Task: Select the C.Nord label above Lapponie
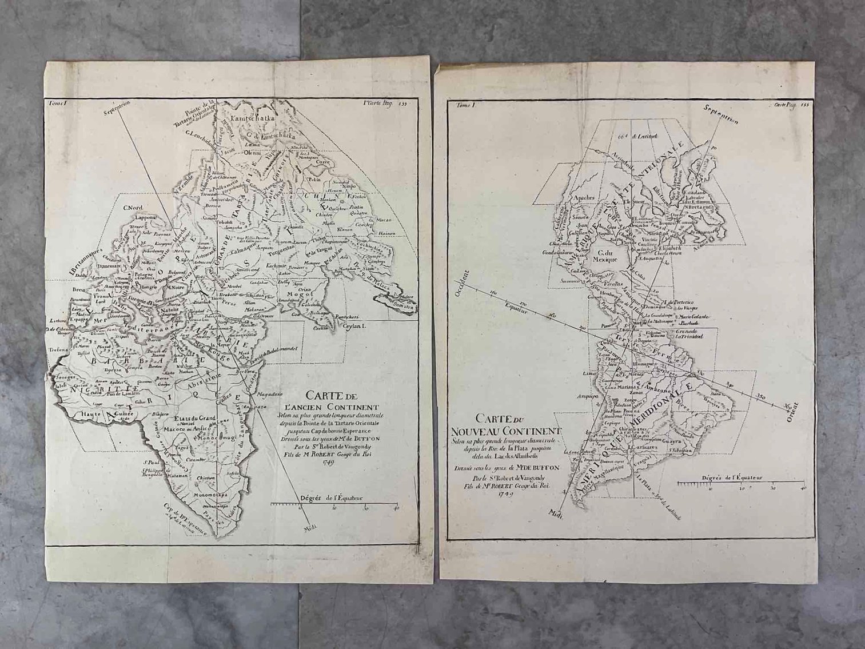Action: [x=133, y=207]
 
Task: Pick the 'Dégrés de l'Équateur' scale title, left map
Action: [x=330, y=498]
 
